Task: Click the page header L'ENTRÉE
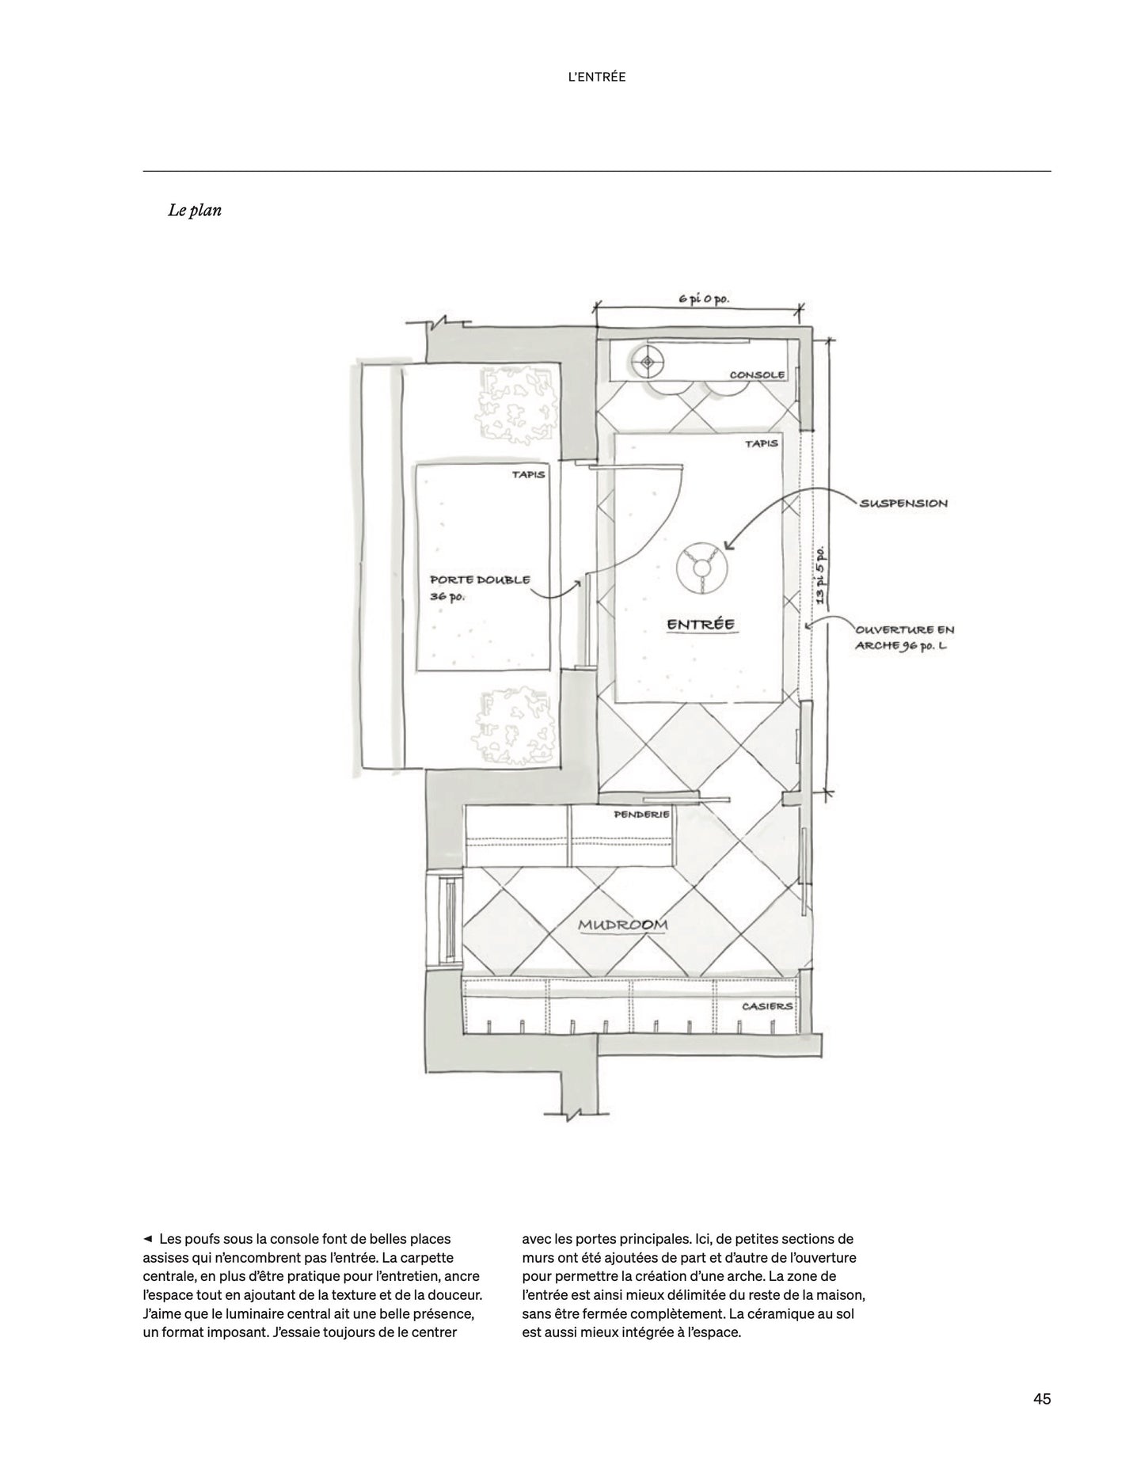coord(597,77)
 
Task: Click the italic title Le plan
coord(194,211)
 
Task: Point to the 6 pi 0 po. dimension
coord(702,298)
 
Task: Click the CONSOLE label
coord(757,374)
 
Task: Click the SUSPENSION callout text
coord(903,503)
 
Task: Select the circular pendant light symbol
coord(701,568)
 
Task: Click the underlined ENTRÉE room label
coord(701,624)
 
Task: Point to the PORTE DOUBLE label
coord(480,580)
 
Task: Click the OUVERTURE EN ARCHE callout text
coord(904,637)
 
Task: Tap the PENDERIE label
coord(641,814)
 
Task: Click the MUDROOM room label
coord(622,924)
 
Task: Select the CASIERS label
coord(766,1006)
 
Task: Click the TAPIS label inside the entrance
coord(761,443)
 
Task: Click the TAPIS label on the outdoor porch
coord(528,475)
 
